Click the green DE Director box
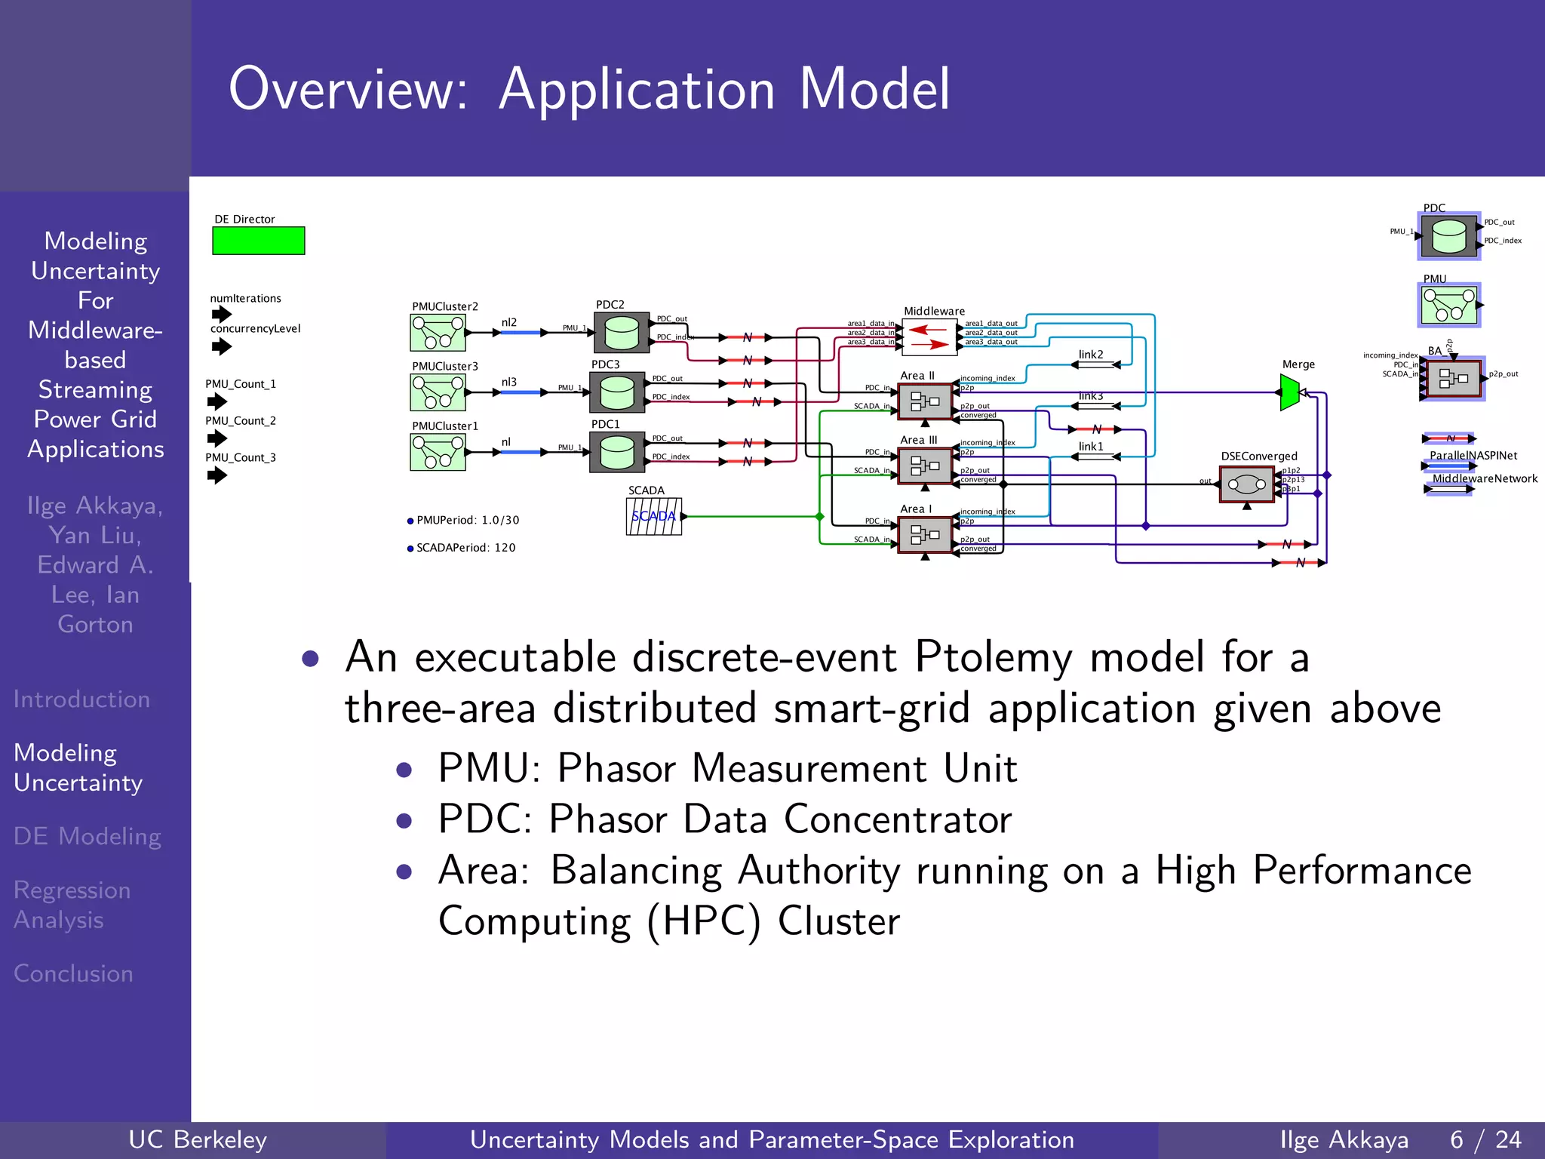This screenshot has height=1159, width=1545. click(258, 241)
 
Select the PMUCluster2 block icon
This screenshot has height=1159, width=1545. click(438, 333)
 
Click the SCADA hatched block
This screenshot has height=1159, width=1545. click(653, 517)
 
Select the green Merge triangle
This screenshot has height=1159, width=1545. click(1289, 392)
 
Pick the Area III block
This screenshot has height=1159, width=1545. click(925, 465)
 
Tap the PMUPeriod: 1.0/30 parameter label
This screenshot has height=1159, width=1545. click(467, 521)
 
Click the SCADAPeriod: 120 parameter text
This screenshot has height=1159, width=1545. click(465, 548)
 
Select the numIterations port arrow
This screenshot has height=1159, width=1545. click(221, 314)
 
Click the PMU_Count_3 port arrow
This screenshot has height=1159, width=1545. click(217, 475)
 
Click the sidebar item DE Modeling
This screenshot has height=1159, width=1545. click(88, 836)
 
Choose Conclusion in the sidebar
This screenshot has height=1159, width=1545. click(74, 973)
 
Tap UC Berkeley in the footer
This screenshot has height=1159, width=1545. click(198, 1139)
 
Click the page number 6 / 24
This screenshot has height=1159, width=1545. click(1485, 1139)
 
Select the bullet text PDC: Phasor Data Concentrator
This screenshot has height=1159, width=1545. click(724, 819)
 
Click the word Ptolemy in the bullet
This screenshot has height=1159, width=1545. click(993, 656)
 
